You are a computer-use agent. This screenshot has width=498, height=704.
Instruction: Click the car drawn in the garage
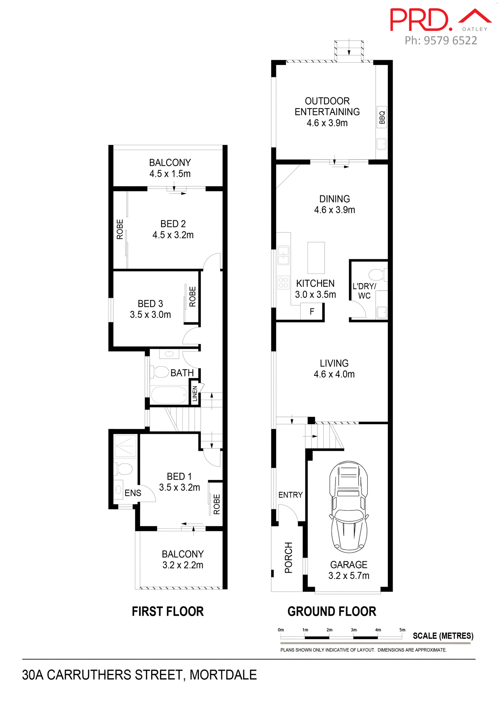(349, 507)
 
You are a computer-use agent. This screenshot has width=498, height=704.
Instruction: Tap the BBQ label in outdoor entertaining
(382, 117)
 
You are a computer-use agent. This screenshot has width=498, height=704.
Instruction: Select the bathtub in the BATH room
(169, 395)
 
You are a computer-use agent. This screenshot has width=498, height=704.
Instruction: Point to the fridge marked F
(312, 312)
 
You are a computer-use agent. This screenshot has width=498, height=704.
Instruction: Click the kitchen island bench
(316, 257)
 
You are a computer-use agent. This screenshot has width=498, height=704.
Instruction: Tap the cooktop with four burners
(283, 282)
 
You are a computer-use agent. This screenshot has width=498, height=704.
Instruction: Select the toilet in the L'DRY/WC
(377, 274)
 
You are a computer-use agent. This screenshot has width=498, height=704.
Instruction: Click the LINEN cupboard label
(195, 393)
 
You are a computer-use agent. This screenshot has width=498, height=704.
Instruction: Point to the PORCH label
(289, 557)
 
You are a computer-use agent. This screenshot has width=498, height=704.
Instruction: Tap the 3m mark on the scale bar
(353, 630)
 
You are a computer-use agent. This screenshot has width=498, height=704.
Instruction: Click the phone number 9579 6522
(450, 40)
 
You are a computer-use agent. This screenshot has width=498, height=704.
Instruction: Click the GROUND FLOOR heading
(332, 612)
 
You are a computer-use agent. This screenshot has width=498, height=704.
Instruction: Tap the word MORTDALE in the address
(223, 675)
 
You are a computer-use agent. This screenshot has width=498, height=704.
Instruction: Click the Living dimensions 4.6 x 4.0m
(334, 374)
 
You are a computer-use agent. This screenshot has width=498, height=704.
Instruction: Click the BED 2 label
(173, 224)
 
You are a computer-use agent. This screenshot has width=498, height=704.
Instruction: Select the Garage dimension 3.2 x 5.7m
(349, 576)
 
